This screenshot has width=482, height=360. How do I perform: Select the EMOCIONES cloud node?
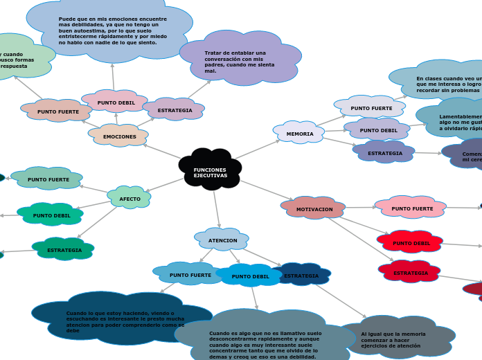[x=119, y=136]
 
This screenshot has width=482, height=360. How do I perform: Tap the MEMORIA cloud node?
[x=299, y=133]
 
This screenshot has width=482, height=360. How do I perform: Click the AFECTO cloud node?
[x=130, y=199]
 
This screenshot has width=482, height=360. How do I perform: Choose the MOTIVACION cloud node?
[x=314, y=209]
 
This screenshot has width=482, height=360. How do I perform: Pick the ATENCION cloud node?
[x=222, y=240]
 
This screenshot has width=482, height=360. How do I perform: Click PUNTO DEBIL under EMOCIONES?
[x=116, y=102]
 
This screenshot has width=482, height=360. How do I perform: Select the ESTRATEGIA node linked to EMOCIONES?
[x=175, y=110]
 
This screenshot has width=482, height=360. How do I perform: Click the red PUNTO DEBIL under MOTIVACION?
[x=411, y=243]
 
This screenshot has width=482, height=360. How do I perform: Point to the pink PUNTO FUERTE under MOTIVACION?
[x=412, y=208]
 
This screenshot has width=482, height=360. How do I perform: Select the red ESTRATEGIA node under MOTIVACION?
[x=411, y=273]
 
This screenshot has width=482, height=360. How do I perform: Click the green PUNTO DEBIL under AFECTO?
[x=51, y=215]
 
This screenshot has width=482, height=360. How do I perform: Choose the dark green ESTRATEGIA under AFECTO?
[x=64, y=250]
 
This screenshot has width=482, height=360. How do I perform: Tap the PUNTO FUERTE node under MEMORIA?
[x=371, y=108]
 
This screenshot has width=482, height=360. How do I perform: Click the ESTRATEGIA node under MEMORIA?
[x=384, y=153]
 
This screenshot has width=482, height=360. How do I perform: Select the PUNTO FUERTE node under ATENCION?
[x=190, y=275]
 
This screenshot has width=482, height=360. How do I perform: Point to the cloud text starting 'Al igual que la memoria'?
[x=393, y=339]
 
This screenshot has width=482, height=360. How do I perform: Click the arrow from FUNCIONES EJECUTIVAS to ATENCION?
[x=217, y=208]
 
